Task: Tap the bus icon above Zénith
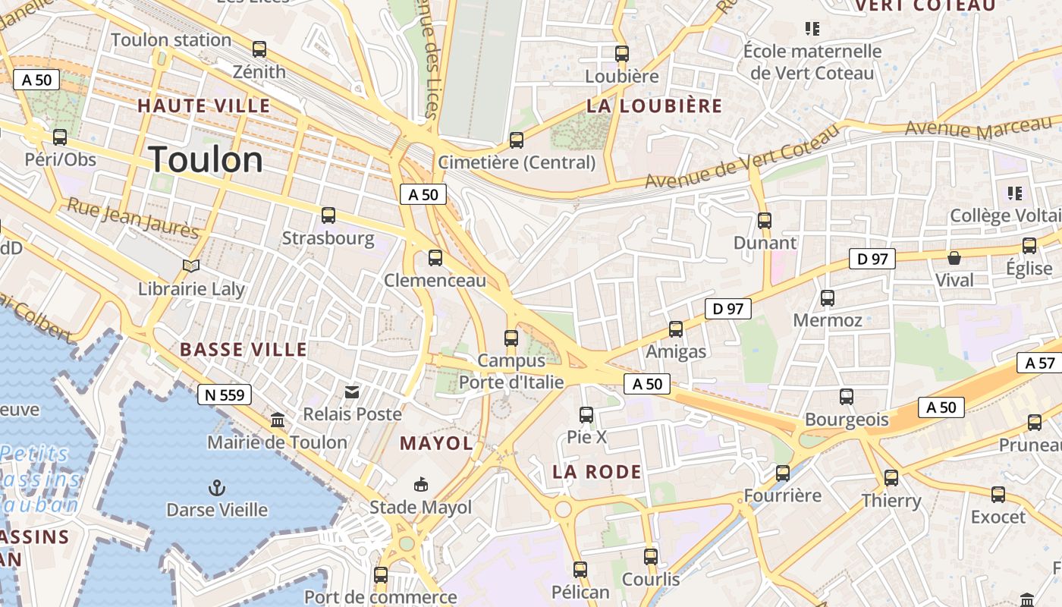pos(259,50)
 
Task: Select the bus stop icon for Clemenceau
pos(435,258)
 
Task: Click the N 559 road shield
pos(225,395)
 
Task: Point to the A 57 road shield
pos(1040,363)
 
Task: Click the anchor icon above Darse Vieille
pos(217,487)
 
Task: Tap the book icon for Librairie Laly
pos(191,266)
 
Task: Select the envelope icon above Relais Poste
pos(352,392)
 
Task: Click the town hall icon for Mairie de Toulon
pos(278,420)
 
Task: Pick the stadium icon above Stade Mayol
pos(420,485)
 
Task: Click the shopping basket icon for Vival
pos(954,258)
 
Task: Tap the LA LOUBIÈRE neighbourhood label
pos(655,106)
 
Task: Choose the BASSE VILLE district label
pos(244,350)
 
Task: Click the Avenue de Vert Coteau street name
pos(743,157)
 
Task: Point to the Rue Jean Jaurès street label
pos(133,218)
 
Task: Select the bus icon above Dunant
pos(765,221)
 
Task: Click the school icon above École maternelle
pos(812,30)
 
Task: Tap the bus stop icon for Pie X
pos(586,415)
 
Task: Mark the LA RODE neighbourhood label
pos(597,472)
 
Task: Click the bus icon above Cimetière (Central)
pos(517,140)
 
